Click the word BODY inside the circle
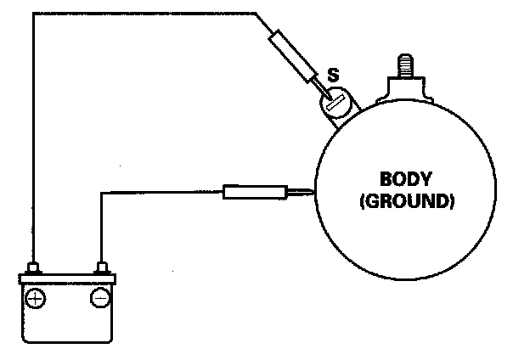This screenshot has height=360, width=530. coord(406,180)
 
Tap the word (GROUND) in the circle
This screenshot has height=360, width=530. coord(407,202)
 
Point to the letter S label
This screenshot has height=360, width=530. coord(333,78)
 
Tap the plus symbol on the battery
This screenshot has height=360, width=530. coord(36,298)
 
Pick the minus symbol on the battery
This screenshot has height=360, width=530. coord(99,298)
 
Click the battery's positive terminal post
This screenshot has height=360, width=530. coord(35,269)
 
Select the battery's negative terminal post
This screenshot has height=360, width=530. coord(103,269)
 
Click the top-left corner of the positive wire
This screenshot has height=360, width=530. coord(33,13)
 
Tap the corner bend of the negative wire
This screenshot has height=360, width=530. coord(103,193)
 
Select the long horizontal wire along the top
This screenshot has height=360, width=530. coord(144,13)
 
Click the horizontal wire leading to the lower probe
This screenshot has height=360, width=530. coord(161,193)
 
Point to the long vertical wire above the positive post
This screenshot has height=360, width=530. coord(33,136)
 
